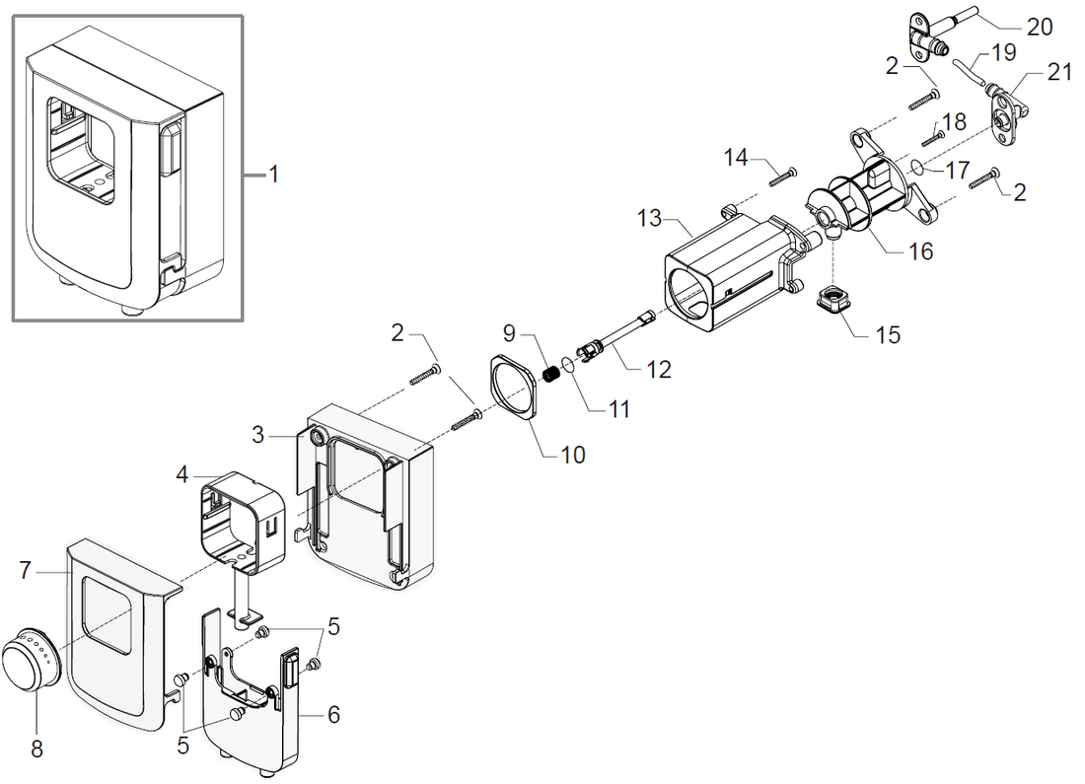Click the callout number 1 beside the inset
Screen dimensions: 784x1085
point(274,175)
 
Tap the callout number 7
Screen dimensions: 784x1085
point(28,569)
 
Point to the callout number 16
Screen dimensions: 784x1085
point(920,251)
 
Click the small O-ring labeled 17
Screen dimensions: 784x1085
point(915,167)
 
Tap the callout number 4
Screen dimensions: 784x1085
point(181,474)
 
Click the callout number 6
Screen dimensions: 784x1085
point(333,714)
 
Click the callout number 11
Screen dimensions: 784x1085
point(618,407)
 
